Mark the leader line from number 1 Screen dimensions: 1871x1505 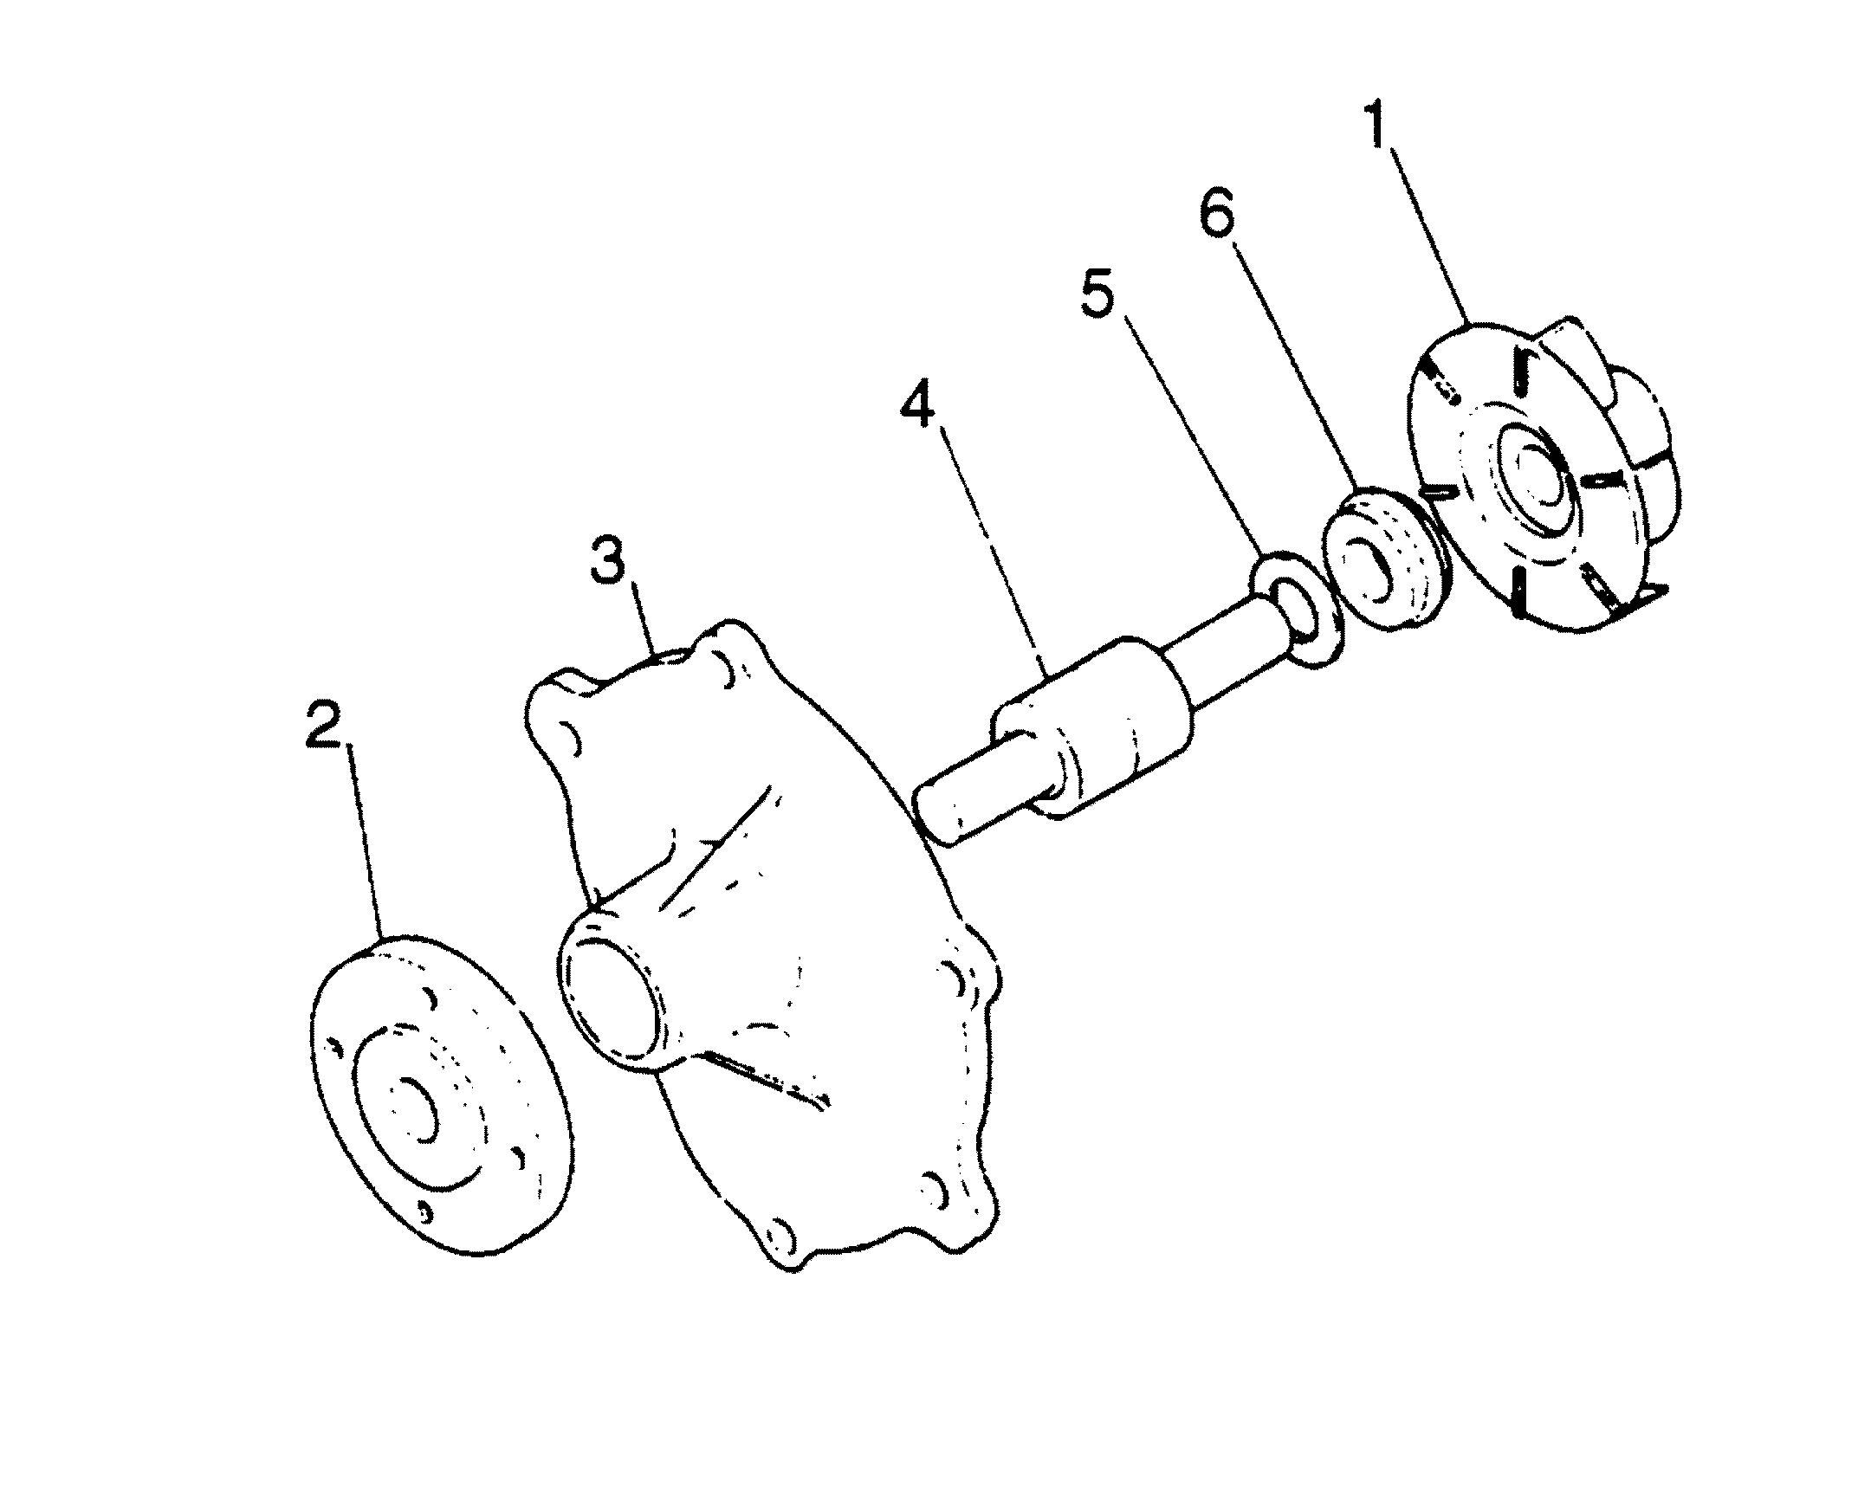[1428, 234]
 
